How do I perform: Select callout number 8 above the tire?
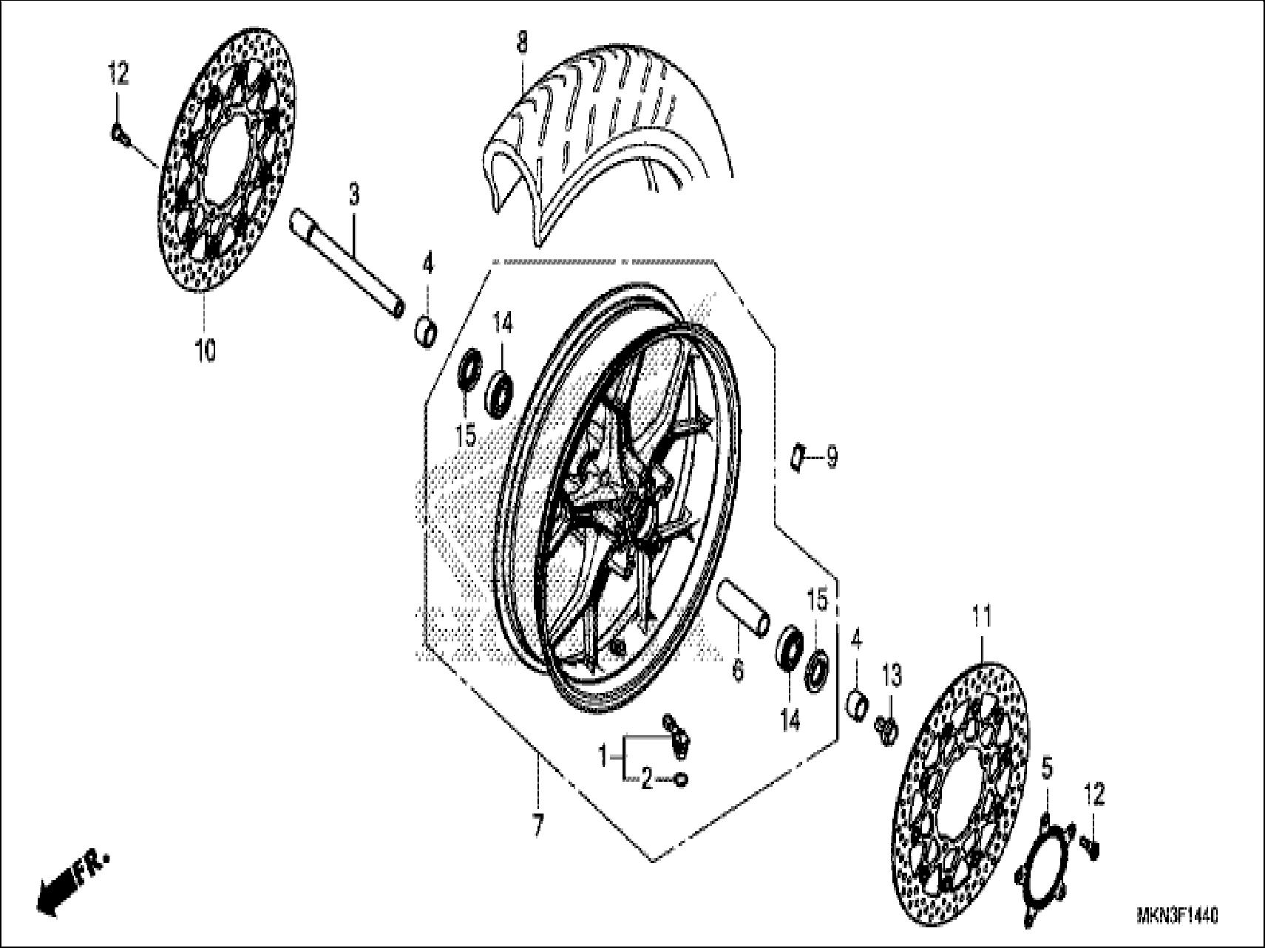[x=522, y=42]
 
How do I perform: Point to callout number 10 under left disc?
[x=205, y=349]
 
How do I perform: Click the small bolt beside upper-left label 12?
[x=119, y=134]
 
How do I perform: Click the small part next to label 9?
[x=797, y=457]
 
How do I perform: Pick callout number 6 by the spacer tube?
[x=737, y=670]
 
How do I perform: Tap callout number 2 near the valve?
[x=647, y=779]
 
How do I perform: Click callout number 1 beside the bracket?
[x=603, y=756]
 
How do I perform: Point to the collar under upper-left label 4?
[x=427, y=333]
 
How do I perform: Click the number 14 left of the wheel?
[x=503, y=324]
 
